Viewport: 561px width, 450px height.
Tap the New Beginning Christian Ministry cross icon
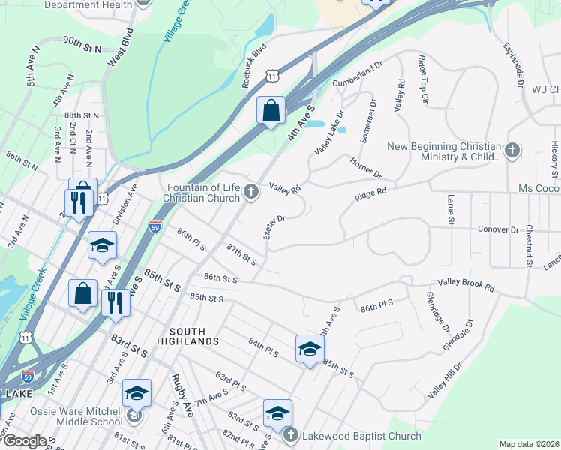click(512, 151)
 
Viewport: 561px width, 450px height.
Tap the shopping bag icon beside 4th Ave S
click(271, 111)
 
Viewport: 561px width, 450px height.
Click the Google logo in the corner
click(25, 441)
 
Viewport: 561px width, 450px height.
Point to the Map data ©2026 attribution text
click(529, 444)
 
